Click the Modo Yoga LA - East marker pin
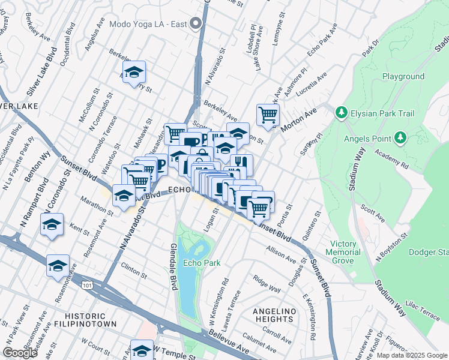coord(195,25)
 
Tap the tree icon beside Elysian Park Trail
coord(341,112)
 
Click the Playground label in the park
coord(403,77)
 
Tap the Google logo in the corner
coord(20,353)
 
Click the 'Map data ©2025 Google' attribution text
coord(411,355)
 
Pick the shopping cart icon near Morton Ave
coord(268,114)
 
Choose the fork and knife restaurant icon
coord(241,164)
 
